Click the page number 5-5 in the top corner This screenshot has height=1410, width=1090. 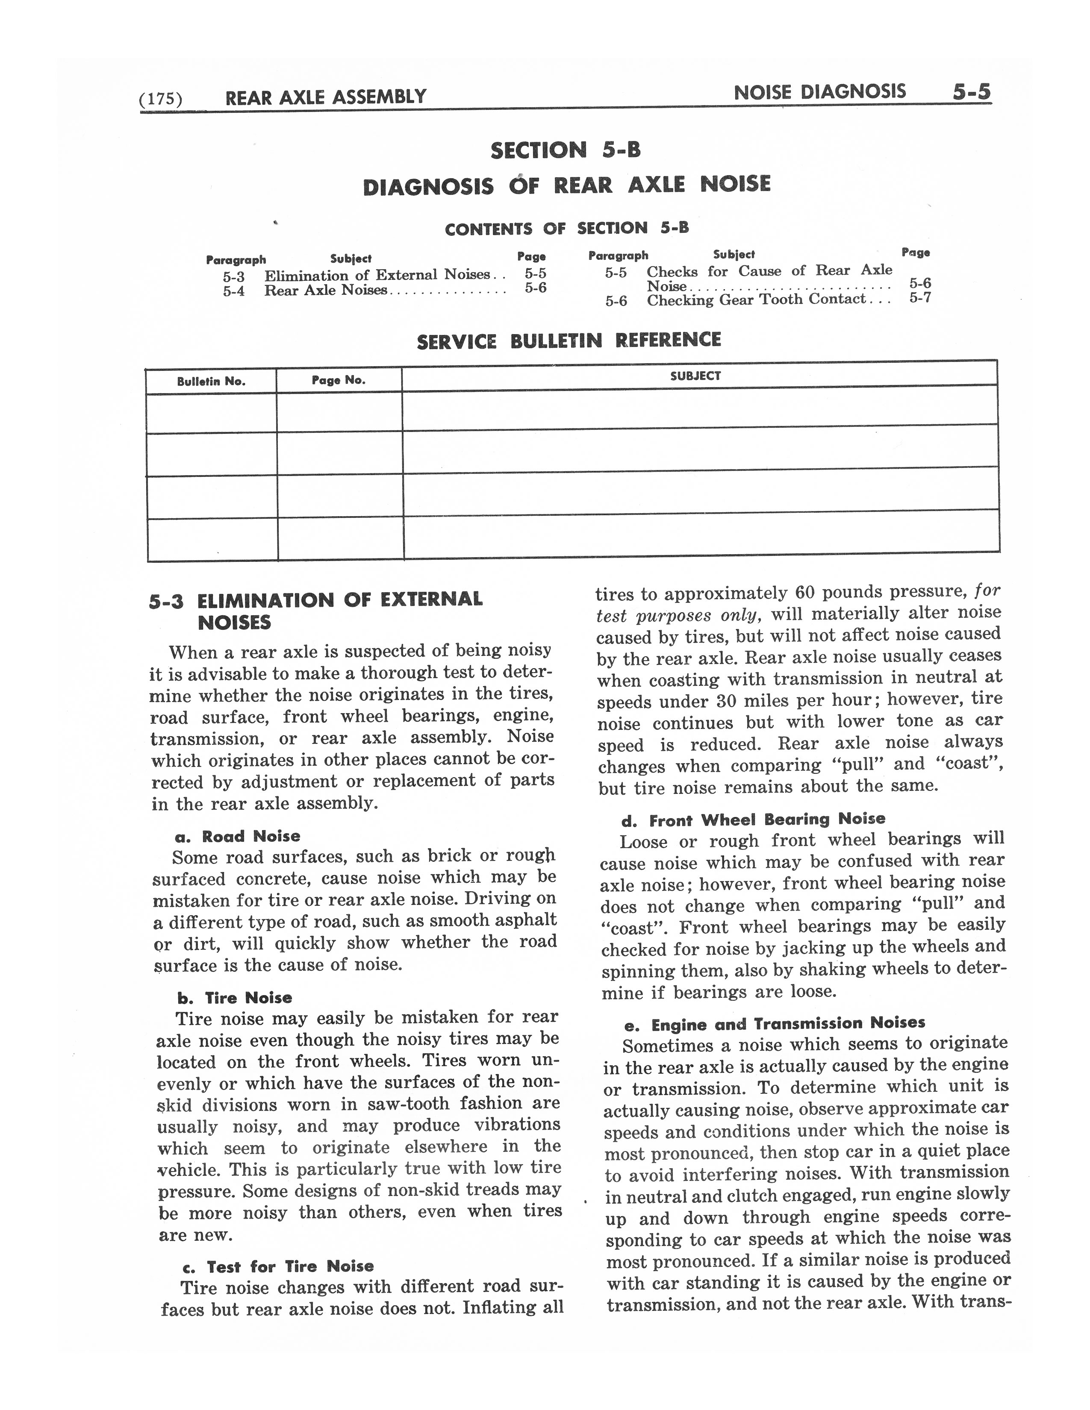click(x=971, y=92)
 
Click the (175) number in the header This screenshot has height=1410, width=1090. click(x=161, y=99)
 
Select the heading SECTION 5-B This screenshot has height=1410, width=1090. click(x=565, y=150)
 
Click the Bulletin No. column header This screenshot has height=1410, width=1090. click(x=211, y=381)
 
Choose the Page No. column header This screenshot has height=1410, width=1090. click(x=339, y=380)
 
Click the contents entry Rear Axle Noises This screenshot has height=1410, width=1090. click(x=325, y=291)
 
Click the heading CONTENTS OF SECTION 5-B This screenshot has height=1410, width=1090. click(x=566, y=229)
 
